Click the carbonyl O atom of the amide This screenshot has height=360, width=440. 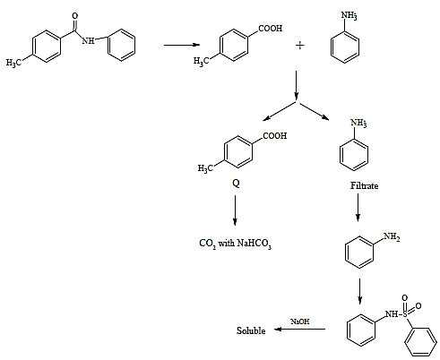pyautogui.click(x=75, y=16)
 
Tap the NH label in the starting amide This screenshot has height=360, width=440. pyautogui.click(x=88, y=40)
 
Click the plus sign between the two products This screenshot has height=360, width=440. pyautogui.click(x=299, y=46)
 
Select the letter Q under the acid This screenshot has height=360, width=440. pyautogui.click(x=236, y=183)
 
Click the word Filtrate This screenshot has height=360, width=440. pyautogui.click(x=364, y=185)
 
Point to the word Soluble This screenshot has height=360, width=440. pyautogui.click(x=251, y=330)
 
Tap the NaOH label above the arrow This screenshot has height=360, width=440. pyautogui.click(x=300, y=321)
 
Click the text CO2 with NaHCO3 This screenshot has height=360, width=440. pyautogui.click(x=235, y=244)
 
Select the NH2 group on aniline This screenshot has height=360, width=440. pyautogui.click(x=392, y=236)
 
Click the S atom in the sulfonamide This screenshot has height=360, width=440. pyautogui.click(x=405, y=313)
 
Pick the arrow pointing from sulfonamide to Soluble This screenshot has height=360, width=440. pyautogui.click(x=299, y=330)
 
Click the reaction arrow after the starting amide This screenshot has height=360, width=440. pyautogui.click(x=182, y=45)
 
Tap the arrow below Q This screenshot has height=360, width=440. pyautogui.click(x=235, y=210)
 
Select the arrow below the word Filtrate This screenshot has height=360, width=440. pyautogui.click(x=358, y=208)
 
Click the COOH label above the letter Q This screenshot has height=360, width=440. pyautogui.click(x=275, y=136)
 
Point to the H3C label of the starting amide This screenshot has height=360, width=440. pyautogui.click(x=13, y=63)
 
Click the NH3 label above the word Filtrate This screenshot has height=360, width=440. pyautogui.click(x=358, y=123)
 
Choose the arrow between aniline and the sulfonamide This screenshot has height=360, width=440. pyautogui.click(x=360, y=292)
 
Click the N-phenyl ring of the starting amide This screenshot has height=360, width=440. pyautogui.click(x=121, y=45)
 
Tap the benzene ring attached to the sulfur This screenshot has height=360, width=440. pyautogui.click(x=420, y=342)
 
